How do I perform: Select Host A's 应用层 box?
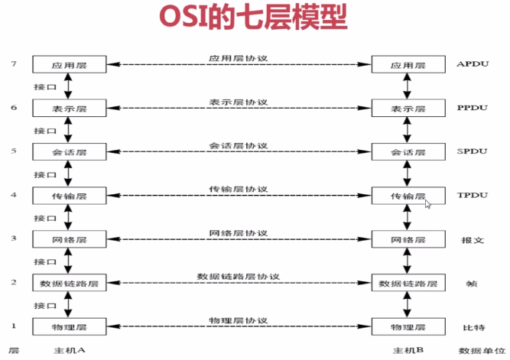69,66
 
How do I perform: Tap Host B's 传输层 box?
406,196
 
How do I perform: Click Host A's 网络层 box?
69,240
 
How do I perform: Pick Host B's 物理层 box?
406,327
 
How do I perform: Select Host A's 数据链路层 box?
69,284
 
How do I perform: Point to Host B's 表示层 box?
406,109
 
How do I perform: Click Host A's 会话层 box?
69,153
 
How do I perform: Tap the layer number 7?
13,63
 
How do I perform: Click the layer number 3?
13,238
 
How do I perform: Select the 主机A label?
69,351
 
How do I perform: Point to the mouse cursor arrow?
428,204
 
